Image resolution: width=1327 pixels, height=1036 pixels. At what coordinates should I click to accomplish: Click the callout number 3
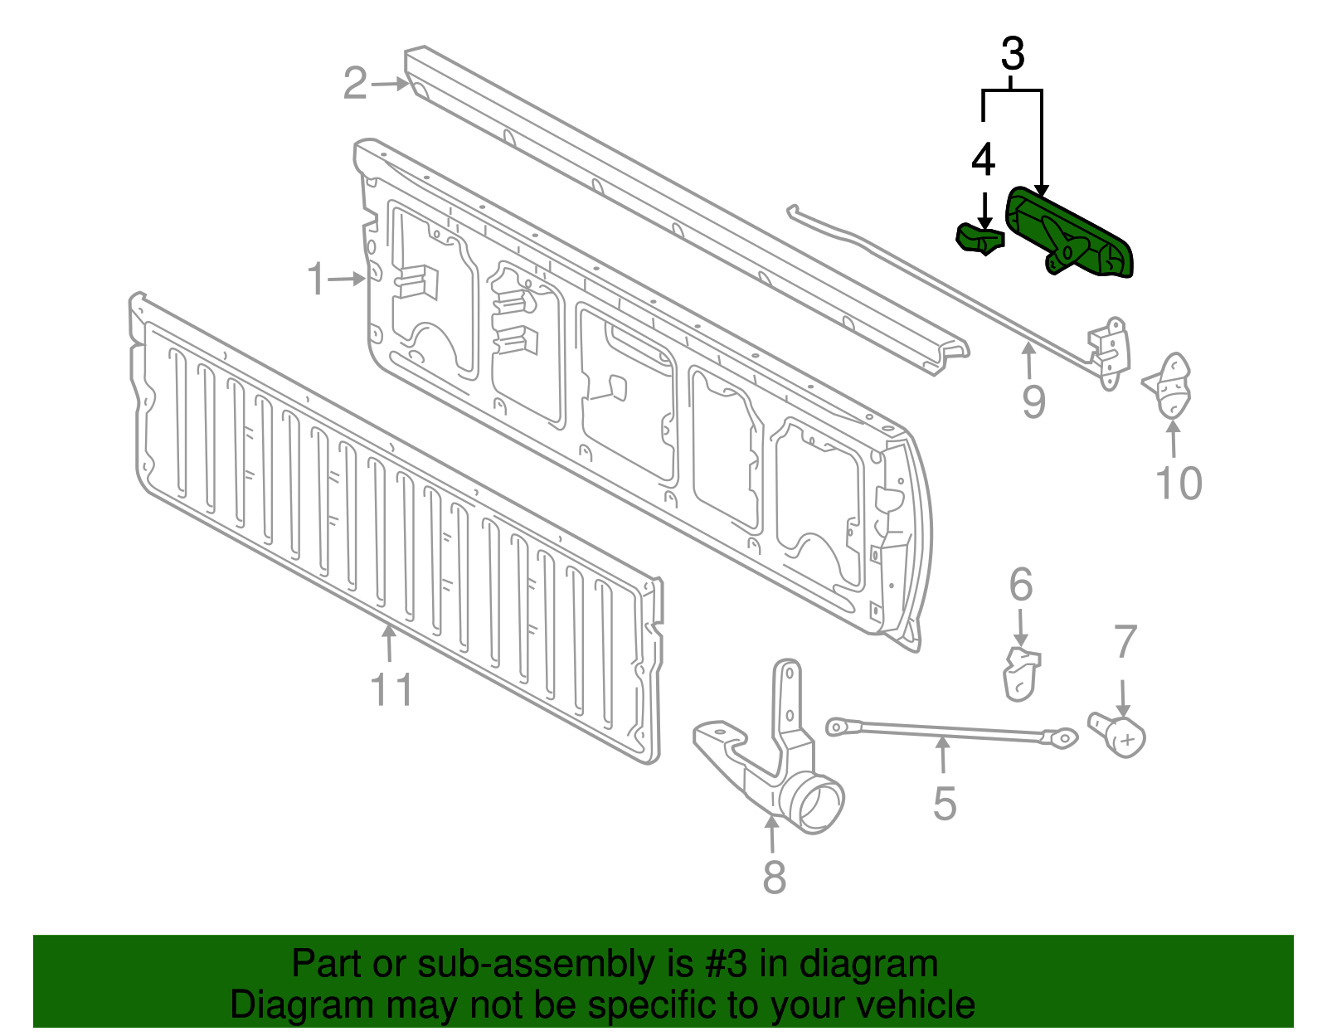click(1012, 55)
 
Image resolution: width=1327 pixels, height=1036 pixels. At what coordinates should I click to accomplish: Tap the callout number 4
click(983, 160)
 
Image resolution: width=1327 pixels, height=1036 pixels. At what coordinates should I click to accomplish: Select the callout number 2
click(355, 84)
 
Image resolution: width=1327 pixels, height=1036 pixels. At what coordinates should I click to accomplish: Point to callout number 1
click(316, 280)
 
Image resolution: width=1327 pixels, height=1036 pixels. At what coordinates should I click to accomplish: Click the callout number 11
click(391, 690)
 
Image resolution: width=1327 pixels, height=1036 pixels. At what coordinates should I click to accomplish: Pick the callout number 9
click(1033, 402)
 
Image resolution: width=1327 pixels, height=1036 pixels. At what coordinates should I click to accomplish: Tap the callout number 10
click(1179, 484)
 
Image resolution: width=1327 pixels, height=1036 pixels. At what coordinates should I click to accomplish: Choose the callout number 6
click(1021, 585)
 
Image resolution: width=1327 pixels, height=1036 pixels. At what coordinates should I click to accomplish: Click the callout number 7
click(1125, 643)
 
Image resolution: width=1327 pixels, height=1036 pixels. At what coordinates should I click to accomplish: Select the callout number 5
click(945, 804)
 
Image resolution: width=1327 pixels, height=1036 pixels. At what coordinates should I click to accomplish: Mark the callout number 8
click(774, 878)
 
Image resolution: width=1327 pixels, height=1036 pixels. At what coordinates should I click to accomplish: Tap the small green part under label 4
click(979, 239)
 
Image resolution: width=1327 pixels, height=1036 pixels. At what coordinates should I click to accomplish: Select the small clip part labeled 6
click(1021, 674)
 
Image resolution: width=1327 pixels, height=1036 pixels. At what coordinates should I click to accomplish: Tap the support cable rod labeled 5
click(945, 730)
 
